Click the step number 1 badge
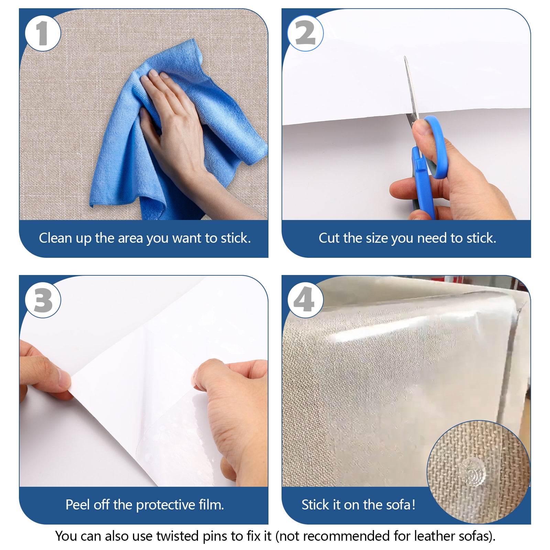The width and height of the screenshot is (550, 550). (x=43, y=33)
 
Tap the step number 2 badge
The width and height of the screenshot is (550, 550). (x=305, y=33)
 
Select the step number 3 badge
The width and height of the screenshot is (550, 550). (x=43, y=300)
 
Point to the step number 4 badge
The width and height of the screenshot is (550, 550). (x=305, y=300)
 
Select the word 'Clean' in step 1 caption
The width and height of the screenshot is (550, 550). (x=55, y=238)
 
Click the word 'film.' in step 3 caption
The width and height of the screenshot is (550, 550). (x=211, y=505)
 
